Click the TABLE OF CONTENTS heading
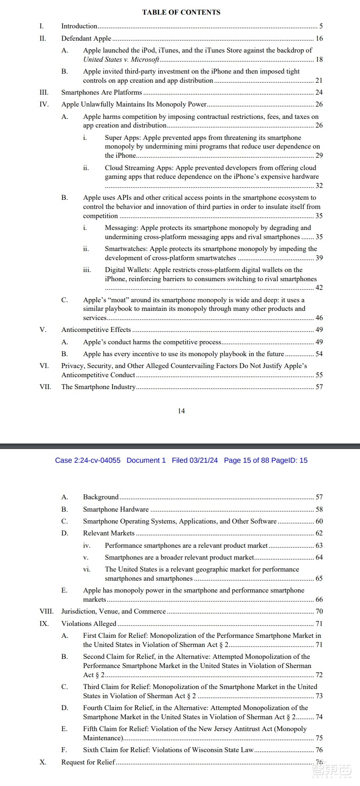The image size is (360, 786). (181, 12)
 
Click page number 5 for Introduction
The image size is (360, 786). (321, 27)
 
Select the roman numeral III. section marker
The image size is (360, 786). (44, 92)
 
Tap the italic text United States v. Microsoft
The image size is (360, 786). (121, 59)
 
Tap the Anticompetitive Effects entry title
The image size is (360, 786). (96, 330)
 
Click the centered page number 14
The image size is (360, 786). (181, 411)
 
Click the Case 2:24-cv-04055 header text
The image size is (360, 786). (88, 460)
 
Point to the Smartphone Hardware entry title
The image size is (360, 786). (116, 509)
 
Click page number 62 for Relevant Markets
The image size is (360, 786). (319, 533)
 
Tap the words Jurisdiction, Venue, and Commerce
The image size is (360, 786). (113, 611)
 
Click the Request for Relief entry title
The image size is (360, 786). (88, 762)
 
